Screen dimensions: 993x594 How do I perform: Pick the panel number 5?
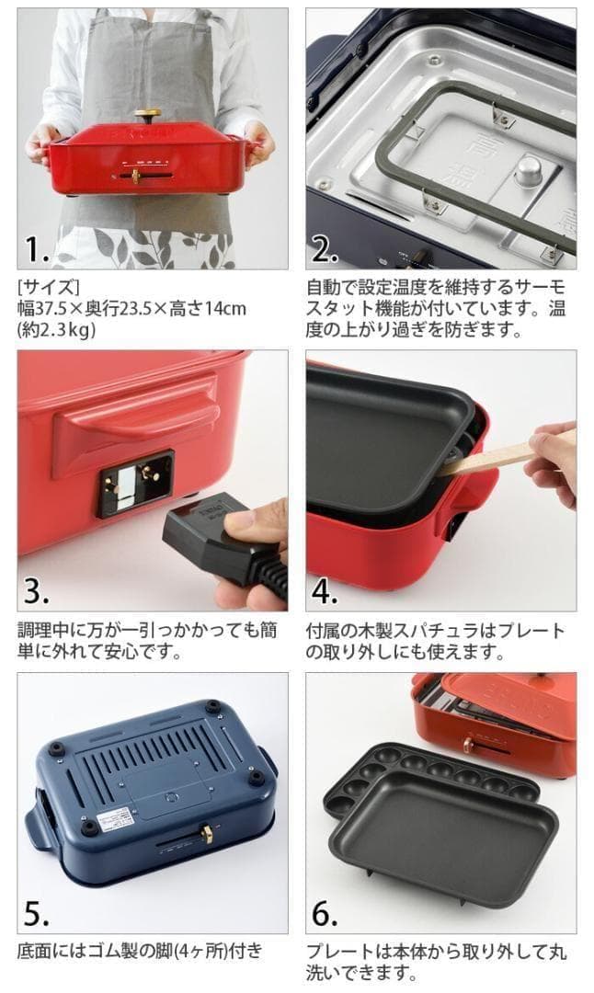[x=37, y=913]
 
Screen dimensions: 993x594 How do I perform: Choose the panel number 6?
[x=326, y=913]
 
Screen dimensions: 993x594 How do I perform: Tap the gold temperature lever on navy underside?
[x=207, y=835]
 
